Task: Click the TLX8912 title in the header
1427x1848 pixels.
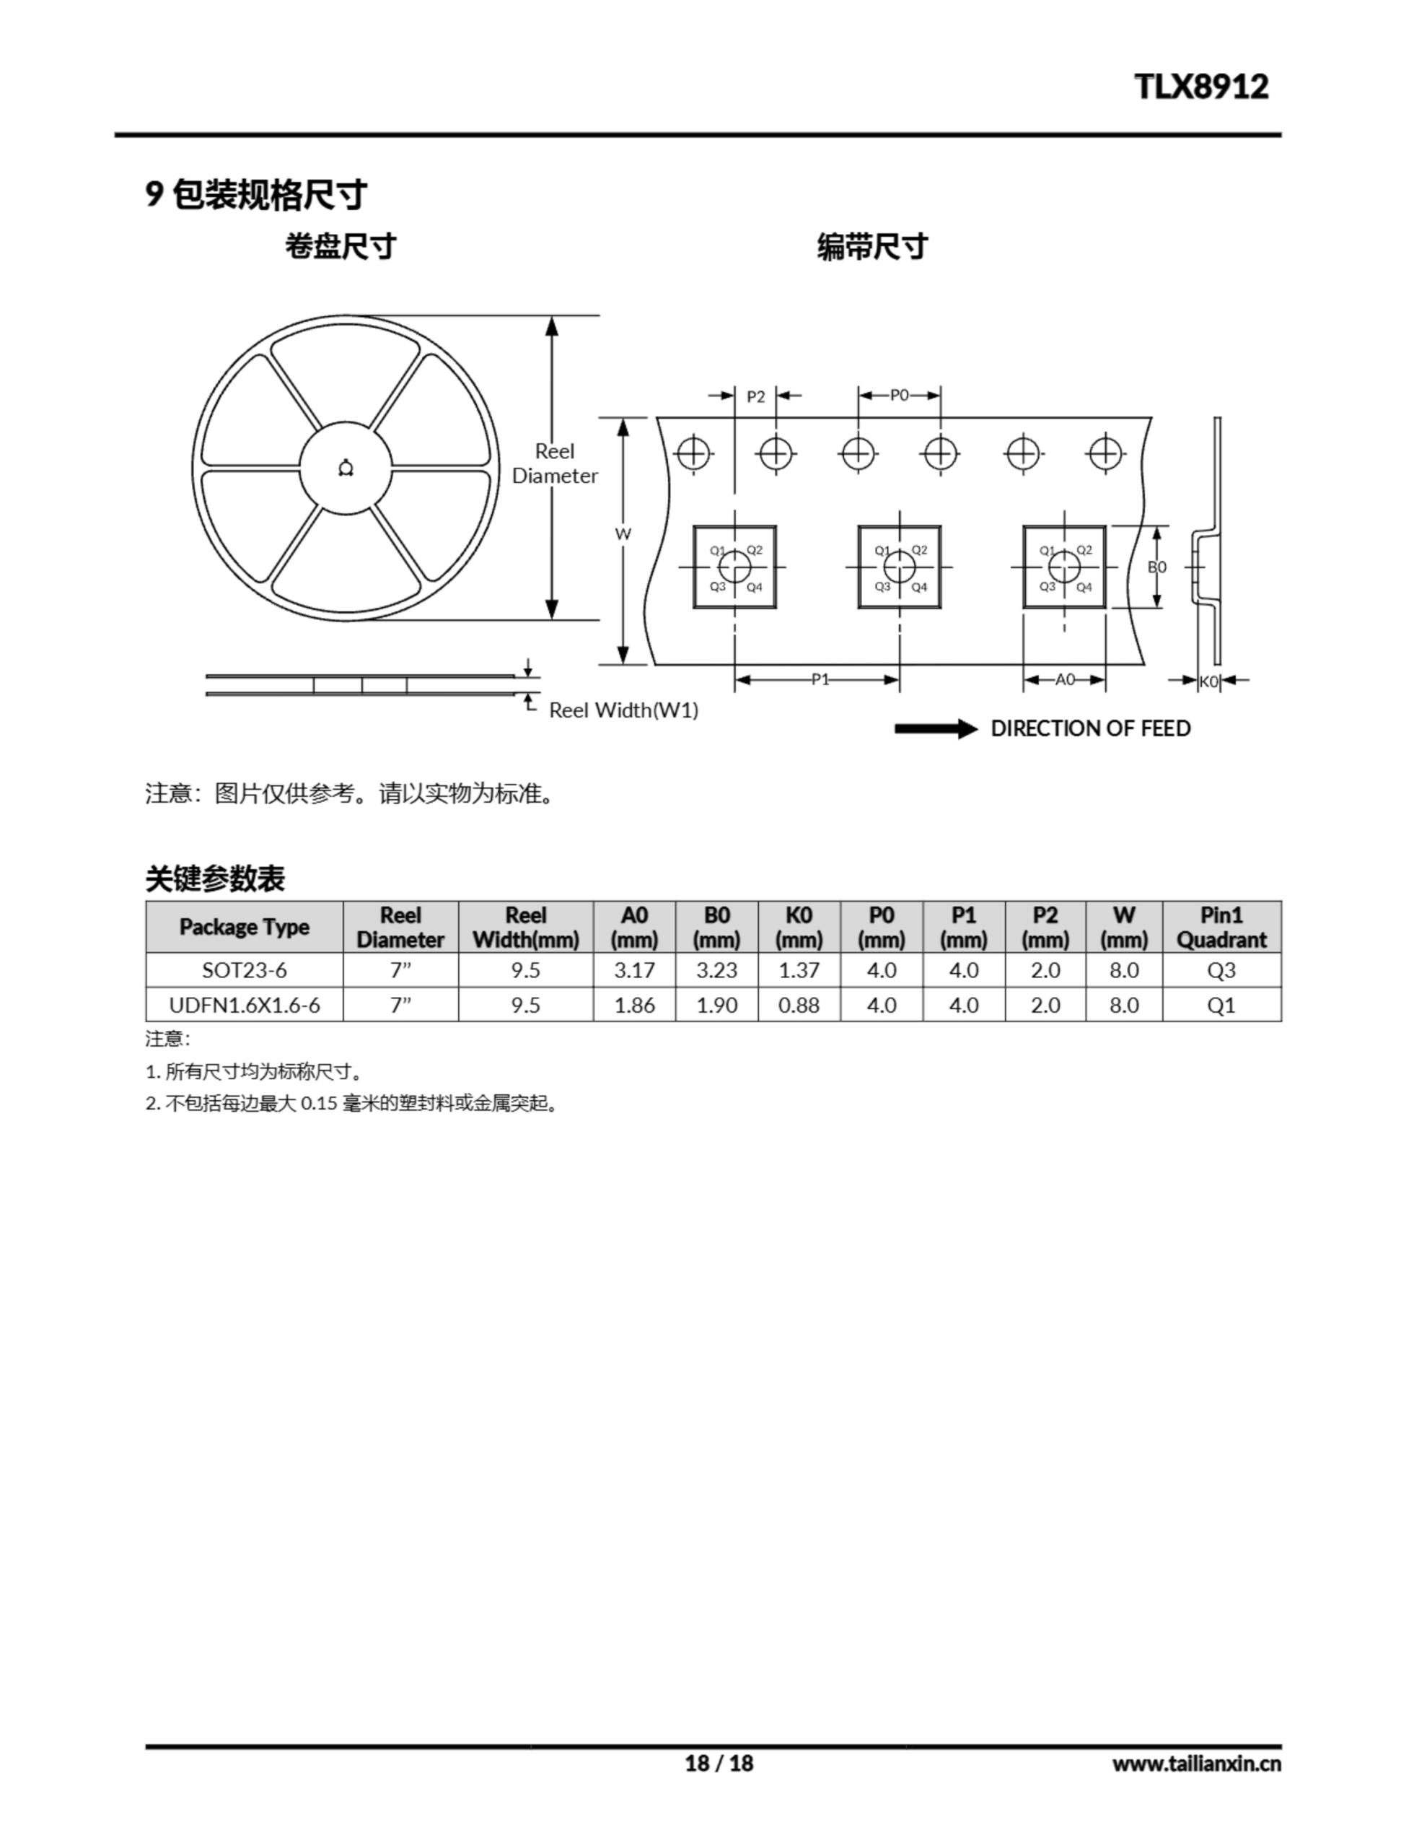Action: (x=1201, y=87)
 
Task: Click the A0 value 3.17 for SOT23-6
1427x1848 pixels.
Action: (x=634, y=969)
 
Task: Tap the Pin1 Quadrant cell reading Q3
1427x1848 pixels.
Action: (x=1221, y=969)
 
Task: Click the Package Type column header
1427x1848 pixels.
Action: (x=245, y=927)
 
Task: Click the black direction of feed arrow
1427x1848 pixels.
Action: (x=936, y=728)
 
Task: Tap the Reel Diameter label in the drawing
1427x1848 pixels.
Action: (x=555, y=463)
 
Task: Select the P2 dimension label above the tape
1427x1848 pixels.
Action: (x=755, y=396)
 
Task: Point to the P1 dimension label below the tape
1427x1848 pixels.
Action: (x=820, y=679)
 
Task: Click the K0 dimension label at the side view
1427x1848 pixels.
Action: (x=1208, y=681)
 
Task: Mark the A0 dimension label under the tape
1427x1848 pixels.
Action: (x=1065, y=679)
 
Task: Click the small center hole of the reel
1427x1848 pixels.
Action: (x=345, y=468)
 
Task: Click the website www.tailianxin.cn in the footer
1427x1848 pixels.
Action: (x=1197, y=1764)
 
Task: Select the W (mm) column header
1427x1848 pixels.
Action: (x=1124, y=927)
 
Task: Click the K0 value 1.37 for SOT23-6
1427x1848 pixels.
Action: (x=799, y=969)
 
